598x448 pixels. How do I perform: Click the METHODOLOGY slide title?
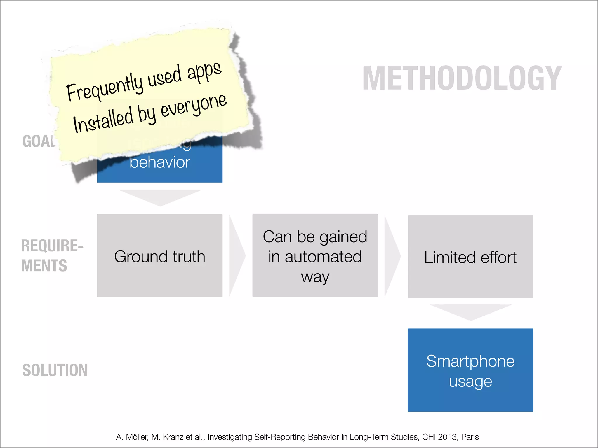pyautogui.click(x=462, y=78)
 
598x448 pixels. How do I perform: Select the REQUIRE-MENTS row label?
pyautogui.click(x=52, y=256)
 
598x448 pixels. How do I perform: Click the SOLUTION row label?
pyautogui.click(x=55, y=370)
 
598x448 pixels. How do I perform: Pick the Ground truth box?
pyautogui.click(x=160, y=256)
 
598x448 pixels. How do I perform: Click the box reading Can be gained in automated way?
pyautogui.click(x=315, y=256)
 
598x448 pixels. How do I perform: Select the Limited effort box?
pyautogui.click(x=470, y=257)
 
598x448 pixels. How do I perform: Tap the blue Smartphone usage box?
pyautogui.click(x=470, y=370)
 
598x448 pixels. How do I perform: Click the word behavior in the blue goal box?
pyautogui.click(x=160, y=162)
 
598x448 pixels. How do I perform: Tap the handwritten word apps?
pyautogui.click(x=204, y=71)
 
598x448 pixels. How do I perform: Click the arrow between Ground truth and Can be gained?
pyautogui.click(x=237, y=256)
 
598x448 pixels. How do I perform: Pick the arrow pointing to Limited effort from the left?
pyautogui.click(x=392, y=256)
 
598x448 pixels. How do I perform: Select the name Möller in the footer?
pyautogui.click(x=137, y=437)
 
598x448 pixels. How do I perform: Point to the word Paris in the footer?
pyautogui.click(x=470, y=437)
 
